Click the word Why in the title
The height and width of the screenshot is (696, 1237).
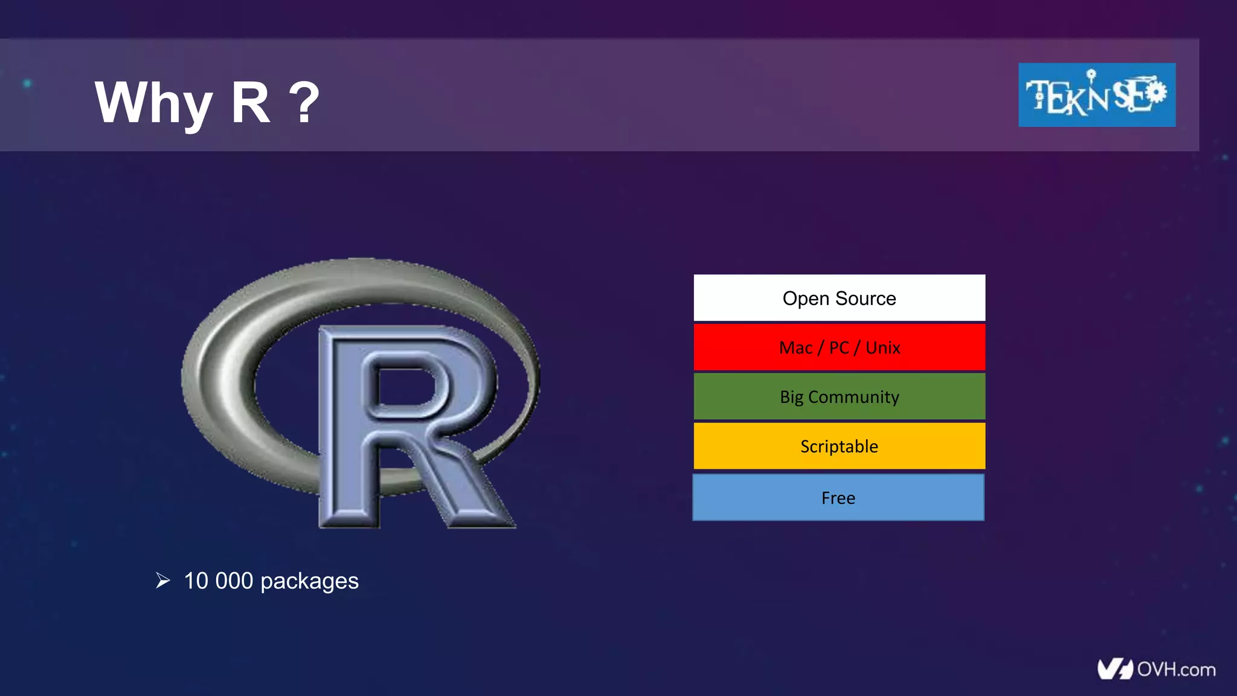tap(153, 104)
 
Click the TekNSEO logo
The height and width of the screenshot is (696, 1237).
tap(1096, 95)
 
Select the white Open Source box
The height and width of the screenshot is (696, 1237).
tap(839, 298)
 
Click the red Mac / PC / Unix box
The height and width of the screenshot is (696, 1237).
tap(839, 347)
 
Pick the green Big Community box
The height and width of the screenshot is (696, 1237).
tap(839, 397)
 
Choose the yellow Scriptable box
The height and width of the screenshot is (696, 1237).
tap(839, 446)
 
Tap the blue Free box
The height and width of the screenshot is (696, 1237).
tap(838, 498)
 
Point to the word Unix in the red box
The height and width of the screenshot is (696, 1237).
tap(882, 348)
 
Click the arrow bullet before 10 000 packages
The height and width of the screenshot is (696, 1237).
tap(162, 581)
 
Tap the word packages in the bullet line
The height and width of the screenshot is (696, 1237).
tap(309, 582)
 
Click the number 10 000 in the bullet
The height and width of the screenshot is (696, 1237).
tap(218, 581)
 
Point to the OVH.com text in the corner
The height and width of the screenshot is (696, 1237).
tap(1176, 669)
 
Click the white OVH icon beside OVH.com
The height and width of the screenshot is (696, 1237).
tap(1114, 669)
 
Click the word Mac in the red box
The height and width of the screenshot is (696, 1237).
tap(795, 348)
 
